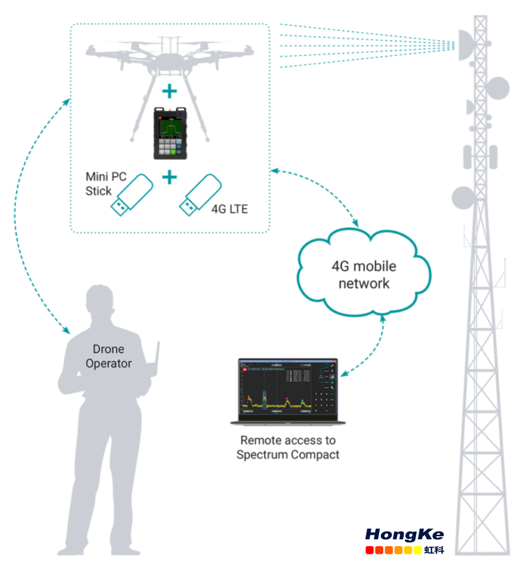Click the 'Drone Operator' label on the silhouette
(x=108, y=356)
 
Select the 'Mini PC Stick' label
(x=102, y=184)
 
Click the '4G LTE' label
(x=229, y=208)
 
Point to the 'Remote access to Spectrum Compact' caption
(x=288, y=447)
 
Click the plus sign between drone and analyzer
(x=169, y=93)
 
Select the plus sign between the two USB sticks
(x=169, y=178)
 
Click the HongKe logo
(x=404, y=539)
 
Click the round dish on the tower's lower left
(x=462, y=198)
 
